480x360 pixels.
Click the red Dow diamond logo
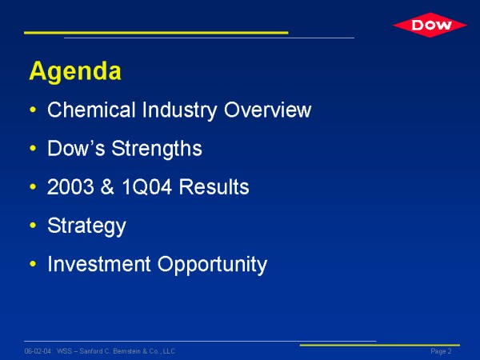(x=430, y=25)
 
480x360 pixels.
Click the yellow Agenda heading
(x=75, y=71)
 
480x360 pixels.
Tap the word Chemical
(x=91, y=110)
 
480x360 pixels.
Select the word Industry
(x=179, y=110)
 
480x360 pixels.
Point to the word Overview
(x=267, y=110)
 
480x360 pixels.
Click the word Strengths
(x=157, y=150)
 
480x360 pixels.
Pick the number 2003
(x=70, y=186)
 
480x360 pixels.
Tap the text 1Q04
(x=147, y=186)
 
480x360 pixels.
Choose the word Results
(x=214, y=186)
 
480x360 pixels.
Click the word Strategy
(x=86, y=226)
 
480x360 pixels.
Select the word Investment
(x=99, y=264)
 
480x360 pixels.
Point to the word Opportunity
(x=212, y=265)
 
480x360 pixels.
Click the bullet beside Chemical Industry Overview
(x=33, y=110)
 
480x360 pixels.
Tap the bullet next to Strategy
(x=33, y=226)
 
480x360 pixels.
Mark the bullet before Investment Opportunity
(x=33, y=264)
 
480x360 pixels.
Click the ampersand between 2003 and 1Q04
(x=107, y=186)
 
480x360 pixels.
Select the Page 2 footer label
(x=441, y=351)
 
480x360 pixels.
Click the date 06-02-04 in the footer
(x=38, y=351)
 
